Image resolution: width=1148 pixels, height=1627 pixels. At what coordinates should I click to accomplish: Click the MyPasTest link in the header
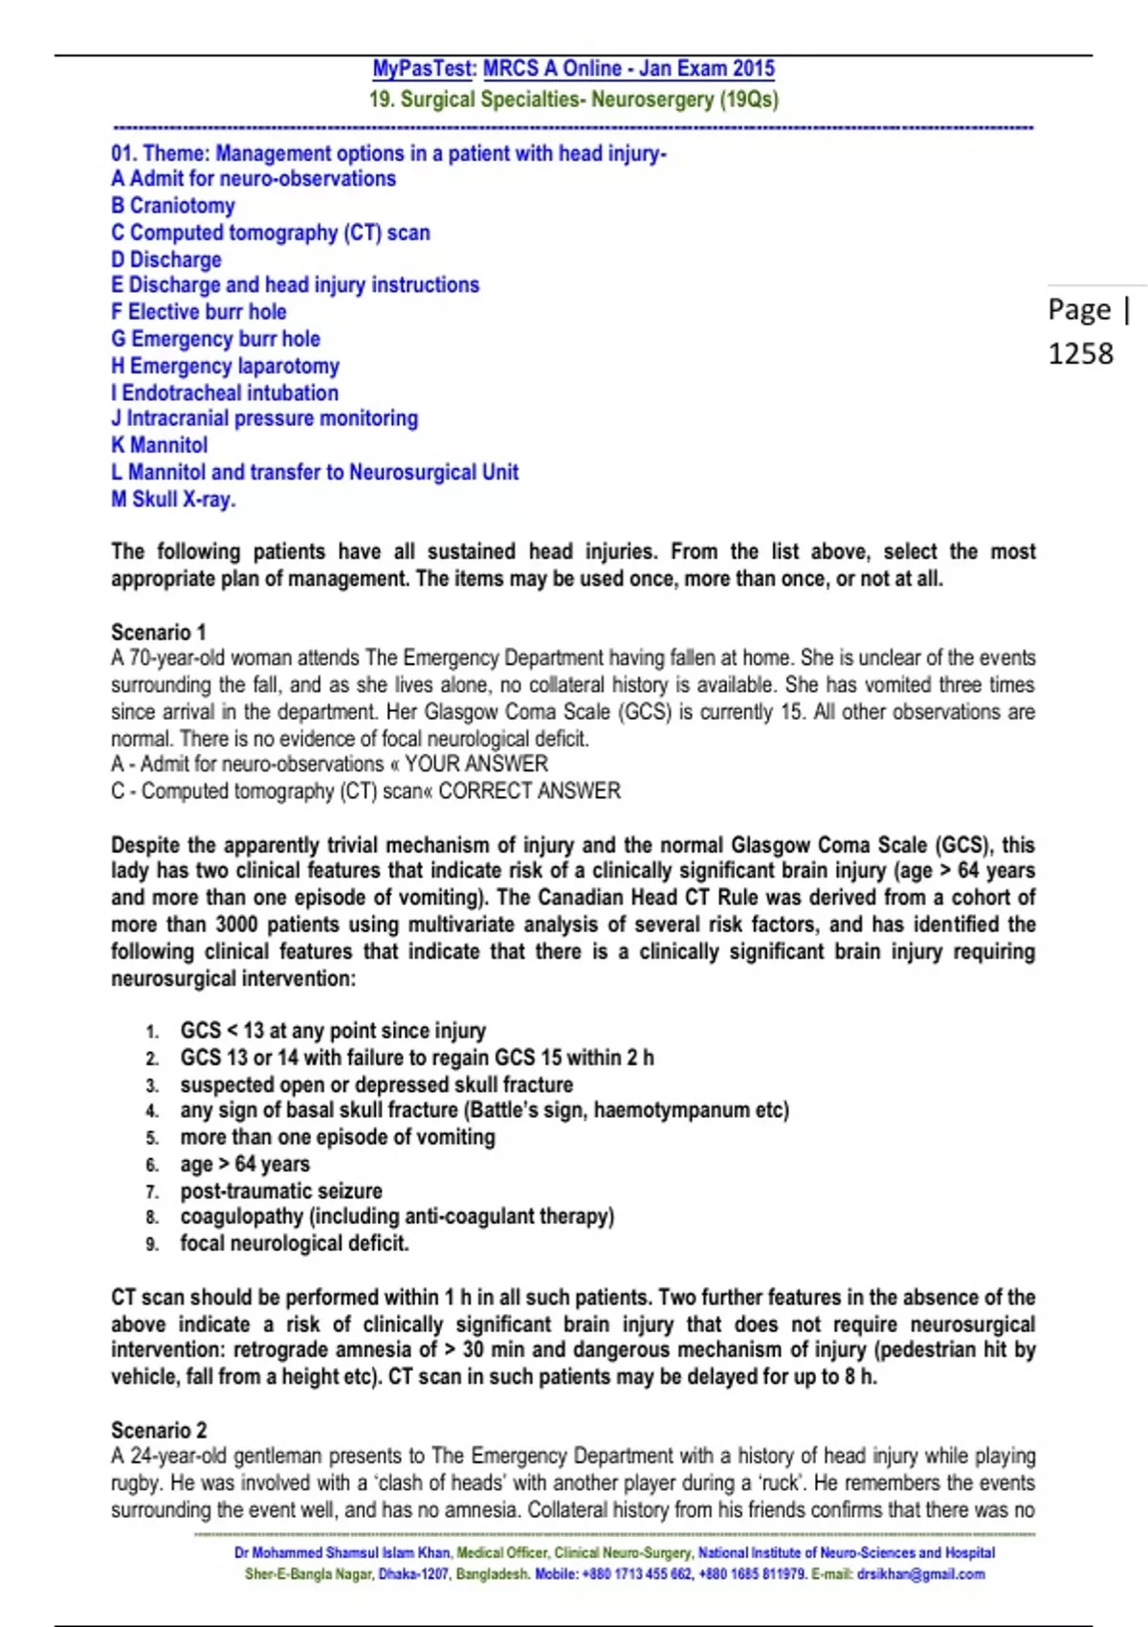423,69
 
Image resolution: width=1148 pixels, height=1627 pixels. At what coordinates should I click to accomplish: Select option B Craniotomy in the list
173,206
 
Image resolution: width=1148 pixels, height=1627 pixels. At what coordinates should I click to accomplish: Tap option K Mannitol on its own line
160,445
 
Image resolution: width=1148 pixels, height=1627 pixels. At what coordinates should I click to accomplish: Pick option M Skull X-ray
173,499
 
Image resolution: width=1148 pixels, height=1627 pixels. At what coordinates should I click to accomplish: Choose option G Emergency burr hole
215,339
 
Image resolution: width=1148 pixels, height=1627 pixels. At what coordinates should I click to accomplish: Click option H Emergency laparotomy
225,366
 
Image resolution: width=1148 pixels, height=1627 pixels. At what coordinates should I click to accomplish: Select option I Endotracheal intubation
225,392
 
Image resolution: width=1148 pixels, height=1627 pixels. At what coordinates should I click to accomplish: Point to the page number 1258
1080,353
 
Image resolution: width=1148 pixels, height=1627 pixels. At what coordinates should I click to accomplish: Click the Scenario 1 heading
158,632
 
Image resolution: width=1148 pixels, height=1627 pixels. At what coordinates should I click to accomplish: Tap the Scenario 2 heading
159,1430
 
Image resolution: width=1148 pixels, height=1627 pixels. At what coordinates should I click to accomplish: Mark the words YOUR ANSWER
475,764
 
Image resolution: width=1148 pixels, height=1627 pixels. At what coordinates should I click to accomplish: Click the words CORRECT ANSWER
529,791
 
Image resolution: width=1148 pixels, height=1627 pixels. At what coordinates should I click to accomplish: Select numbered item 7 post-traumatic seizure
280,1191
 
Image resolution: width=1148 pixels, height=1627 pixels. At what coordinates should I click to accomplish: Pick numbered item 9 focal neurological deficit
294,1243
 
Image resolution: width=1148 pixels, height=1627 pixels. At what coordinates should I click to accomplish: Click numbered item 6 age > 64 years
245,1164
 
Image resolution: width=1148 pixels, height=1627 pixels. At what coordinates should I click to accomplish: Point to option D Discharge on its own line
166,259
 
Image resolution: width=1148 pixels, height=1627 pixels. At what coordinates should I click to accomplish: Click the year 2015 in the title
754,69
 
